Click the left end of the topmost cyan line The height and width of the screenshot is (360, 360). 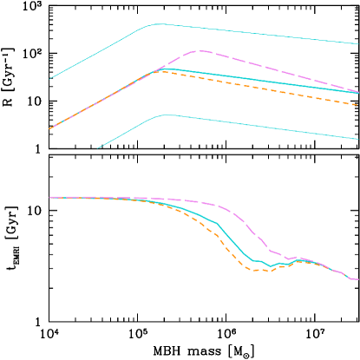tap(49, 79)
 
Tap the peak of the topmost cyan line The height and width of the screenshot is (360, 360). tap(158, 24)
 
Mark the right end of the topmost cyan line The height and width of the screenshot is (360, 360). tap(358, 43)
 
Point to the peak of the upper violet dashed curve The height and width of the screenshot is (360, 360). tap(200, 50)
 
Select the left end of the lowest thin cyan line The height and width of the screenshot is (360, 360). tap(97, 148)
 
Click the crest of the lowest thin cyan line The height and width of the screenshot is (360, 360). tap(165, 115)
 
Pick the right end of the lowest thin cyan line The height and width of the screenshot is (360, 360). tap(358, 139)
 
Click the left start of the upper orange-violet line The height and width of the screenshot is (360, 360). tap(49, 128)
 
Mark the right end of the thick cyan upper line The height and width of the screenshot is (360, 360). tap(358, 93)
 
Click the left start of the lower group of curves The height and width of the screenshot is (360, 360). tap(49, 197)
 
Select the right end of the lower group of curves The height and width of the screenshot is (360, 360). tap(357, 279)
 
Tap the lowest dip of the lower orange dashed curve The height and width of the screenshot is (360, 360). tap(259, 271)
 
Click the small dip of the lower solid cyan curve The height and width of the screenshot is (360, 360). tap(271, 266)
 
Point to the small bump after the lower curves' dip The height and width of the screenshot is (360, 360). tap(299, 259)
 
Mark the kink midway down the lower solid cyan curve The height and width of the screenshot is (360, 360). tap(217, 223)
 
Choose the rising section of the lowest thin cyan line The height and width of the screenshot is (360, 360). tap(130, 130)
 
